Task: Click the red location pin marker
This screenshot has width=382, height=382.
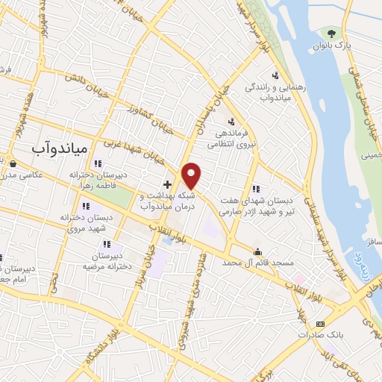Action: pos(192,174)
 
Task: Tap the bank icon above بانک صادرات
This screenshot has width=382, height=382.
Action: pos(320,323)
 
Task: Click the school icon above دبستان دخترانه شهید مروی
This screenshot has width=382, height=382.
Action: pos(87,205)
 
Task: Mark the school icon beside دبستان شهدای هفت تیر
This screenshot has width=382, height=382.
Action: pos(256,189)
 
